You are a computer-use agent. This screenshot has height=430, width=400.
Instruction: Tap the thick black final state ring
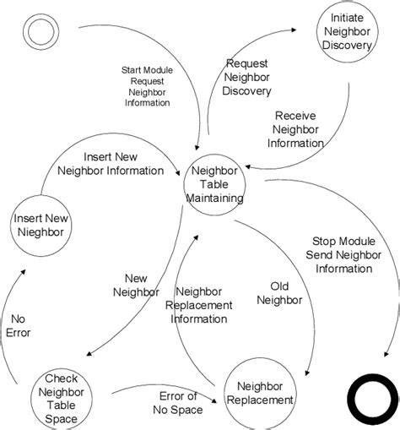[x=372, y=400]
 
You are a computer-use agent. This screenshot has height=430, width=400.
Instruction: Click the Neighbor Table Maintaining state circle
[x=215, y=184]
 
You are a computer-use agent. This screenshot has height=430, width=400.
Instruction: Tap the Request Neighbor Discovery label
[x=247, y=78]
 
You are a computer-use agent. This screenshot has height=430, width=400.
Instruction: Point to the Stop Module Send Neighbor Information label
[x=342, y=254]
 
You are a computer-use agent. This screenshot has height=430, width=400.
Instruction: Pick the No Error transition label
[x=20, y=325]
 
